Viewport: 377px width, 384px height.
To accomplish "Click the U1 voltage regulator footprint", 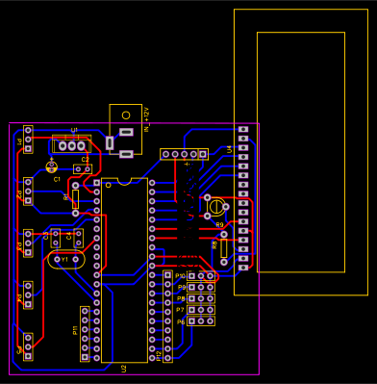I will (x=71, y=145).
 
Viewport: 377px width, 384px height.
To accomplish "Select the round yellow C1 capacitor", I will (x=52, y=166).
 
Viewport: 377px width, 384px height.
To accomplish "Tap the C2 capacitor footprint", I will (x=83, y=169).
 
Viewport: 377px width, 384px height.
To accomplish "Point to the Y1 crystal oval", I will (x=66, y=259).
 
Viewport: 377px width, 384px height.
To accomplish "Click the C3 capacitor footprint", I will (x=56, y=237).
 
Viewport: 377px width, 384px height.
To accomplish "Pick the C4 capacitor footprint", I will (x=78, y=237).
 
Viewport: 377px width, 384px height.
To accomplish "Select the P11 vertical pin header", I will (x=85, y=334).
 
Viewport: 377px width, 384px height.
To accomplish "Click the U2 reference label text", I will (x=124, y=368).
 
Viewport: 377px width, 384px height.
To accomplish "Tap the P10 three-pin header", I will (x=201, y=276).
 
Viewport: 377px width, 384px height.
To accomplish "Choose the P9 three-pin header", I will (x=201, y=287).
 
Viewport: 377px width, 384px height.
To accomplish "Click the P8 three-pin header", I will (x=201, y=298).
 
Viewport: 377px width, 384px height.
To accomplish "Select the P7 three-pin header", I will (x=201, y=310).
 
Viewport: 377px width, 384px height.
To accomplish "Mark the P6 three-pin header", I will (x=201, y=321).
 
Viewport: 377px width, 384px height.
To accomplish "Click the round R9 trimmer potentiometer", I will (x=214, y=205).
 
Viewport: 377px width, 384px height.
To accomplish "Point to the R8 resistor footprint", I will (x=224, y=248).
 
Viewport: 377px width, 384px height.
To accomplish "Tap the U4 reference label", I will (x=229, y=149).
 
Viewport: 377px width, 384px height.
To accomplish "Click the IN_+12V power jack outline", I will (x=125, y=129).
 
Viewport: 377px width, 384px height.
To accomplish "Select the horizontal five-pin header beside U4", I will (x=184, y=154).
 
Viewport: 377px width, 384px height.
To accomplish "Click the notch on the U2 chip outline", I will (x=124, y=179).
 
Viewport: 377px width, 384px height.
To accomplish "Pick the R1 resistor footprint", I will (x=75, y=199).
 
